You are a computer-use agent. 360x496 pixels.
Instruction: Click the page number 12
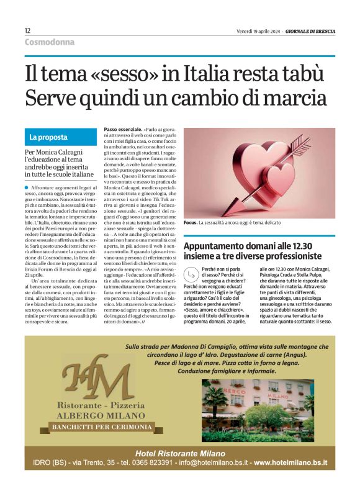(x=28, y=30)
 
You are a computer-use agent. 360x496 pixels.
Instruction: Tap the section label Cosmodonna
(x=50, y=42)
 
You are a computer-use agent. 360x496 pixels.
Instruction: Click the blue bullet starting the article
(x=27, y=187)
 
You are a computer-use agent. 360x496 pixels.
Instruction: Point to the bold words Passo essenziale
(x=122, y=129)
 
